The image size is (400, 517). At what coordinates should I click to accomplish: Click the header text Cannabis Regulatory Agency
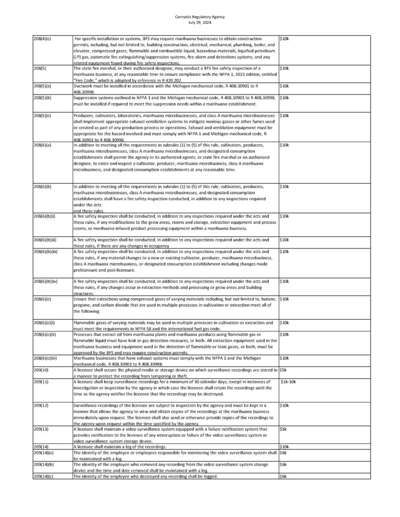coord(199,17)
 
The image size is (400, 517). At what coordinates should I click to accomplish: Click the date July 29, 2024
coord(199,22)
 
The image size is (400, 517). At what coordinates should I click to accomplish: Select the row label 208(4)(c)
coord(41,38)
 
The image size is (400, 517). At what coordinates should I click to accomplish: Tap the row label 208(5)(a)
coord(42,86)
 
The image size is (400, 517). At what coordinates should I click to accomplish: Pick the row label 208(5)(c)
coord(42,115)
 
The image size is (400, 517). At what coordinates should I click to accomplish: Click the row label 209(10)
coord(40,370)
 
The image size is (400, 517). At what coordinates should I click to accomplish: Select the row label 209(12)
coord(40,405)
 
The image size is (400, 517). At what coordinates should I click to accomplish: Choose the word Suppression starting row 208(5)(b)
coord(87,97)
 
